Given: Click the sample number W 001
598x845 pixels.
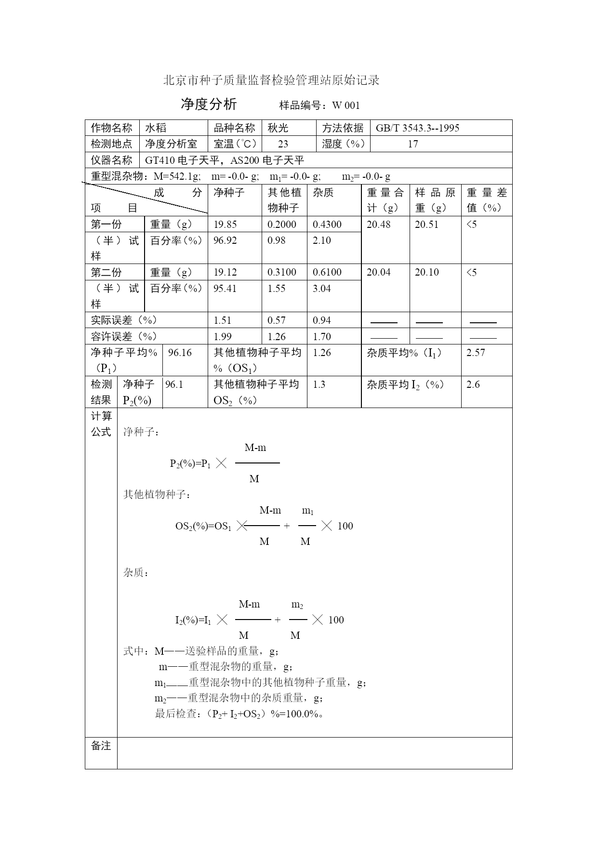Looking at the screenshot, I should [346, 106].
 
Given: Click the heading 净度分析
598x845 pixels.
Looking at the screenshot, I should [209, 104].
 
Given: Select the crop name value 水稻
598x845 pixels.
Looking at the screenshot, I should [156, 128].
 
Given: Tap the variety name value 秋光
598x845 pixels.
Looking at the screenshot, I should [278, 128].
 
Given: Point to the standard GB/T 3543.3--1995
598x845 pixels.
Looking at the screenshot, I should [417, 128].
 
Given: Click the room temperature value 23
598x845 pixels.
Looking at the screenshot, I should [283, 144].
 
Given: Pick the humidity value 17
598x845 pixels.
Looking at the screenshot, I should [413, 144].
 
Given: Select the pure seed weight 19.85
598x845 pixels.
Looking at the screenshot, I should [225, 224].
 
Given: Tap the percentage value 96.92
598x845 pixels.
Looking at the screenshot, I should [225, 240].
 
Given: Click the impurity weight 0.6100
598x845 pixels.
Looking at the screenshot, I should [327, 272].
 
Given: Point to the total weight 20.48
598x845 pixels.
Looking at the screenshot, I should [379, 224].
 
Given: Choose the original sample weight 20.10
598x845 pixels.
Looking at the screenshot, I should [427, 272].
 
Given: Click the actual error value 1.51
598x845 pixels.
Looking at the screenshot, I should [223, 320].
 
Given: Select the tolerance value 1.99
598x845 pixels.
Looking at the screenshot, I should [223, 337].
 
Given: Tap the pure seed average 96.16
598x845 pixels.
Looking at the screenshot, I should [180, 353].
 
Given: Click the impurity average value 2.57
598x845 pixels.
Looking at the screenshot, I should [476, 353].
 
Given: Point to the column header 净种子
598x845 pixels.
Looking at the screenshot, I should [229, 193].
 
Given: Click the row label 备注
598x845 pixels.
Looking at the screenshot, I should [101, 746].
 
